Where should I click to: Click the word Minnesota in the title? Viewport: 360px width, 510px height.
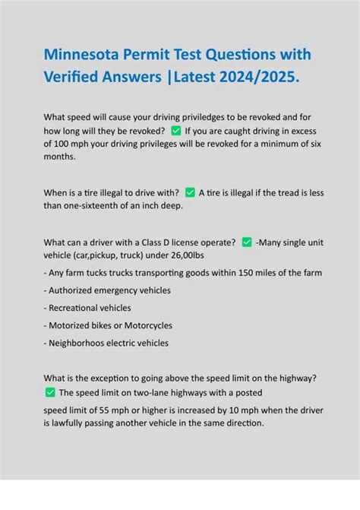83,55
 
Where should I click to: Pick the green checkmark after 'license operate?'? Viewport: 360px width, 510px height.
247,242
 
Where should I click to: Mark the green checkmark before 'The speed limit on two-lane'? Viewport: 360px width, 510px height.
50,392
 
